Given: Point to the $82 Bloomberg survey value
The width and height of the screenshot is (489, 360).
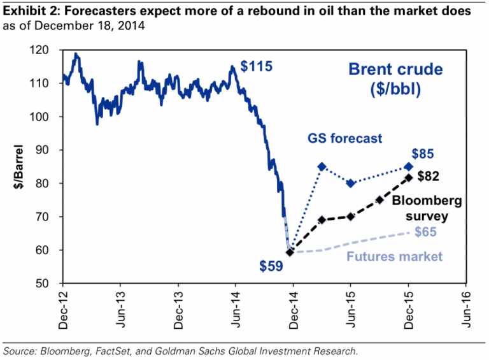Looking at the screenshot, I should [x=428, y=176].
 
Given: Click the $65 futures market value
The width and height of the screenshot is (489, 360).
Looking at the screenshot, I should [x=425, y=232].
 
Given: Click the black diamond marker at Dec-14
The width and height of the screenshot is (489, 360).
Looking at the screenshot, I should [x=290, y=252].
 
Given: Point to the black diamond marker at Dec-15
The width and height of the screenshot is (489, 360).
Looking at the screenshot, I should [x=408, y=177].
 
